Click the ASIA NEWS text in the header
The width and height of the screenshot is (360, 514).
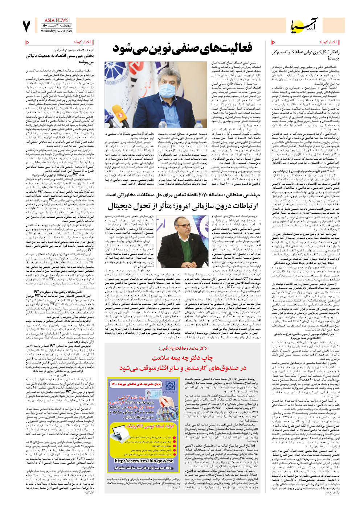(x=56, y=20)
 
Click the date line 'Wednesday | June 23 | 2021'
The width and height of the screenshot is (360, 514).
(x=56, y=31)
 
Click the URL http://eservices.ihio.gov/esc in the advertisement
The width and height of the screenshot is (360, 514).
(x=144, y=461)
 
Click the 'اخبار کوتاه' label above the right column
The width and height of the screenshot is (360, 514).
(x=328, y=42)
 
